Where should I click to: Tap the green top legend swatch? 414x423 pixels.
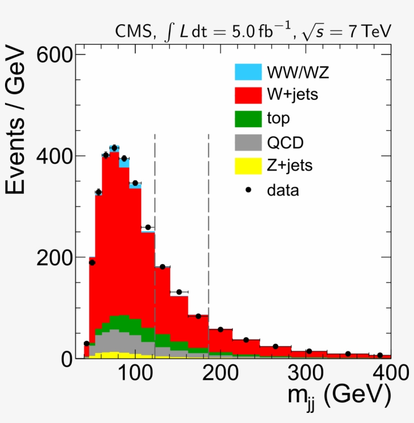(x=248, y=119)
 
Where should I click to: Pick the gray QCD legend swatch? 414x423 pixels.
(x=248, y=142)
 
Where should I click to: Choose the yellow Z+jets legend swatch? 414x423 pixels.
(x=248, y=166)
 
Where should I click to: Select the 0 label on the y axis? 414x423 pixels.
(x=66, y=359)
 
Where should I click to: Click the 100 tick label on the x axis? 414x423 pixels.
(x=135, y=374)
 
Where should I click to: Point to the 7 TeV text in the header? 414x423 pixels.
(x=369, y=31)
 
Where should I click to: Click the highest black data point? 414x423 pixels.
(x=114, y=148)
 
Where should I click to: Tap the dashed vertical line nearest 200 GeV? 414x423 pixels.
(x=209, y=242)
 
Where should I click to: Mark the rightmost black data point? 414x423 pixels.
(x=380, y=355)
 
